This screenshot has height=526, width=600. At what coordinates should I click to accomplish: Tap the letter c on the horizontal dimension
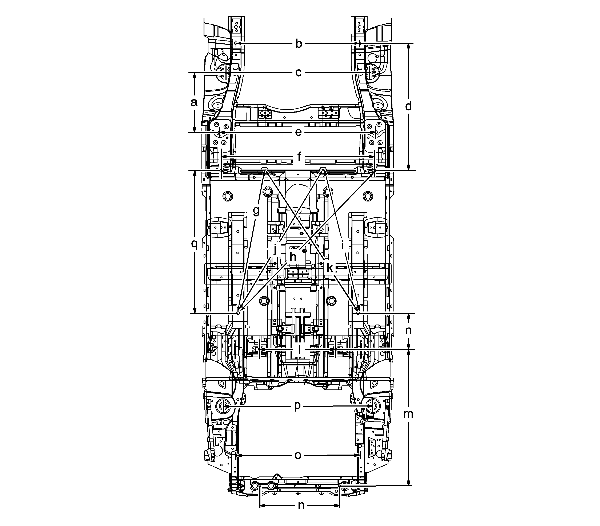(298, 72)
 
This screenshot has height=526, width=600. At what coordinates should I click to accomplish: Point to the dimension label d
(408, 106)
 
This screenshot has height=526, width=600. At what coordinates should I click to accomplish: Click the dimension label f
(299, 157)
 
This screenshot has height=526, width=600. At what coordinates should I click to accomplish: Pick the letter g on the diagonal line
(256, 211)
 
